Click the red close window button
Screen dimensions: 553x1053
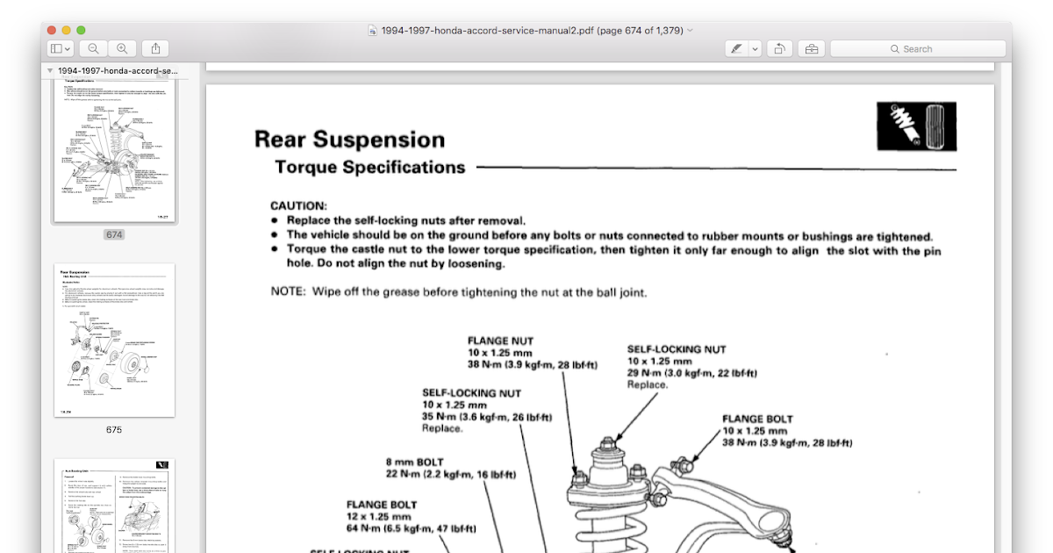point(52,30)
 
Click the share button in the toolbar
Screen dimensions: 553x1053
point(154,49)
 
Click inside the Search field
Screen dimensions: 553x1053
point(917,49)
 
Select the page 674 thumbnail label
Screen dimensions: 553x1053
point(114,234)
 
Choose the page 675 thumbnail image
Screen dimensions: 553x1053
point(114,340)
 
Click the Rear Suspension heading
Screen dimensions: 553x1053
point(349,140)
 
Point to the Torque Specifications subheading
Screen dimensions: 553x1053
point(369,167)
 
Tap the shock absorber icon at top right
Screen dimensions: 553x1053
point(917,126)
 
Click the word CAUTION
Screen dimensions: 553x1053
point(298,205)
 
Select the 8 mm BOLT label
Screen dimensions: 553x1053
point(415,462)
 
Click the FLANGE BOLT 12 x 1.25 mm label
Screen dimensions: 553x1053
point(382,505)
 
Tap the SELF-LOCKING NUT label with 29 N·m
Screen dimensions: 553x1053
point(677,348)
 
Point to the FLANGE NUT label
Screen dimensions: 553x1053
point(500,341)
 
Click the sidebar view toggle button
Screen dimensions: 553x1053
point(60,49)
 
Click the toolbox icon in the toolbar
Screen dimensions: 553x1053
point(812,49)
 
